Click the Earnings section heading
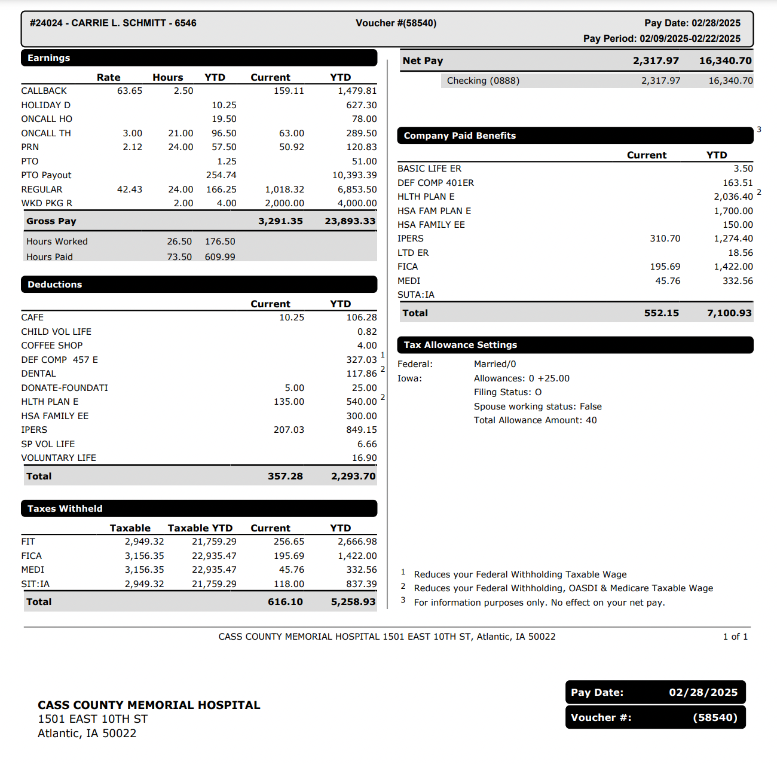tap(49, 58)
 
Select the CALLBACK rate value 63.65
tap(130, 91)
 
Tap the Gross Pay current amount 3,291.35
tap(280, 221)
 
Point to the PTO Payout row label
tap(46, 175)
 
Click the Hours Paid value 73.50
tap(179, 257)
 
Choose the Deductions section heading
tap(54, 285)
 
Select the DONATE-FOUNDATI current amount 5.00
tap(294, 388)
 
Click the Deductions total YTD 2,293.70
tap(353, 476)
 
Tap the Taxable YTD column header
tap(200, 528)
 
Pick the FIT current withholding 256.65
tap(289, 542)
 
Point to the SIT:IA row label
tap(35, 584)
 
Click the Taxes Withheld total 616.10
tap(285, 602)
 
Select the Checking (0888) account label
tap(483, 81)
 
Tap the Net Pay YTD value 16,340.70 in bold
tap(725, 60)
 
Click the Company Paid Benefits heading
tap(460, 136)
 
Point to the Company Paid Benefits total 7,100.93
tap(729, 313)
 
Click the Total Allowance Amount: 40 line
tap(535, 420)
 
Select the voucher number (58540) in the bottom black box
tap(715, 717)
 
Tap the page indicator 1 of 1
tap(735, 637)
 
